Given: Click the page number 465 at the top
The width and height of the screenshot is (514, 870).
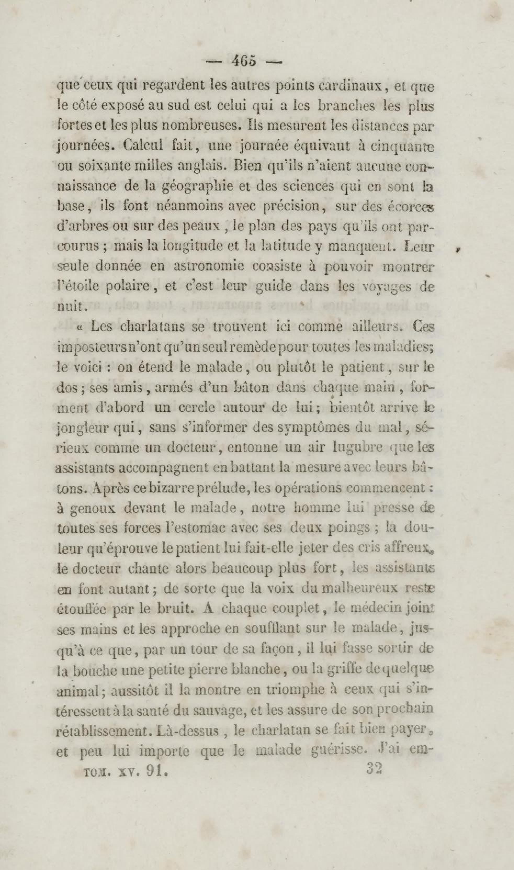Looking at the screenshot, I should pos(244,61).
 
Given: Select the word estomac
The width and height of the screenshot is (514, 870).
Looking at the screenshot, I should pos(186,528).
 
